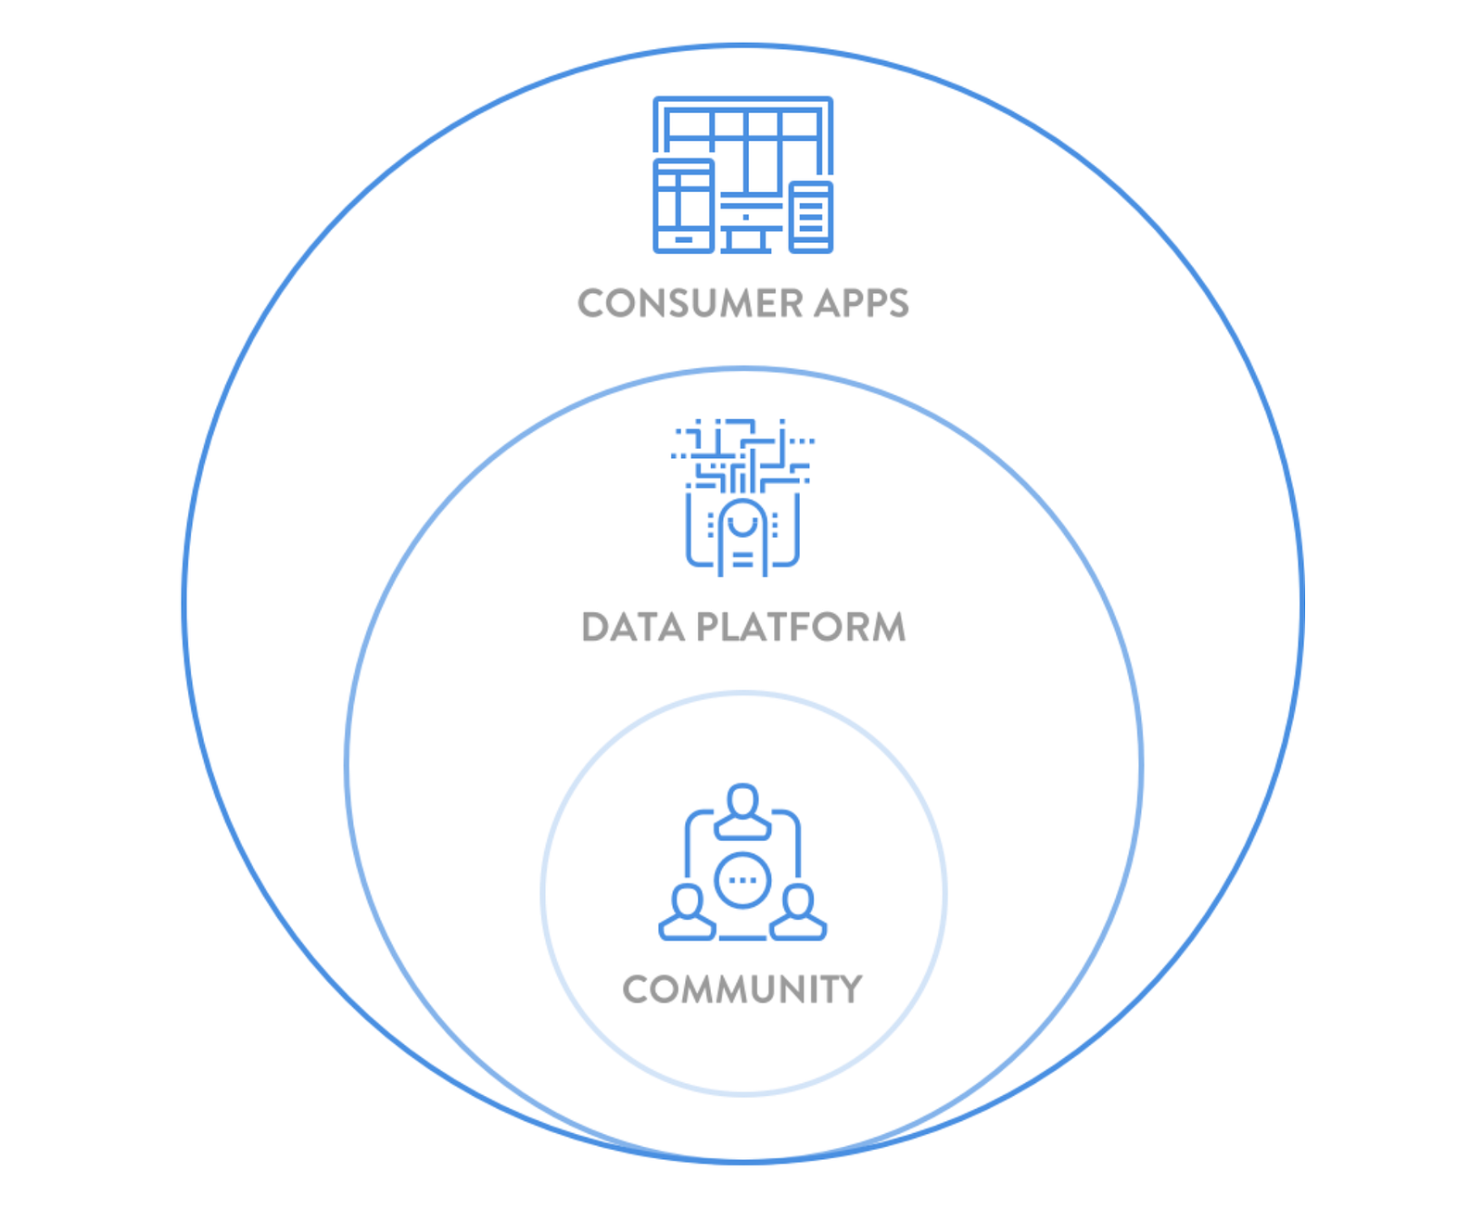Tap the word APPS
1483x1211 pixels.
[x=862, y=304]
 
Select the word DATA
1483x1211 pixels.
[x=633, y=628]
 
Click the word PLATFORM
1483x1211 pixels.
[x=801, y=628]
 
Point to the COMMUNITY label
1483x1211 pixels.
[x=742, y=989]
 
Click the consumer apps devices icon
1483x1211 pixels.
[x=743, y=174]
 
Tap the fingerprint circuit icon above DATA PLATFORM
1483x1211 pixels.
[x=742, y=497]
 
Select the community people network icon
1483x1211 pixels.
[x=742, y=862]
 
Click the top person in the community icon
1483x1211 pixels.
[x=742, y=812]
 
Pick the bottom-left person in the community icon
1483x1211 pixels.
[x=687, y=913]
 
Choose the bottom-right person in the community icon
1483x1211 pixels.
[x=798, y=913]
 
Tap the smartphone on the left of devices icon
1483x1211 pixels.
[x=684, y=206]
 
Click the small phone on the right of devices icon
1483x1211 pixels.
[x=811, y=217]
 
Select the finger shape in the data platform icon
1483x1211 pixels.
[x=742, y=538]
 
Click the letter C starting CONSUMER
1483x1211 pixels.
[x=591, y=304]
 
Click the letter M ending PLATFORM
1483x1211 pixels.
[x=885, y=628]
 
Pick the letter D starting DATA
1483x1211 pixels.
[x=595, y=628]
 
